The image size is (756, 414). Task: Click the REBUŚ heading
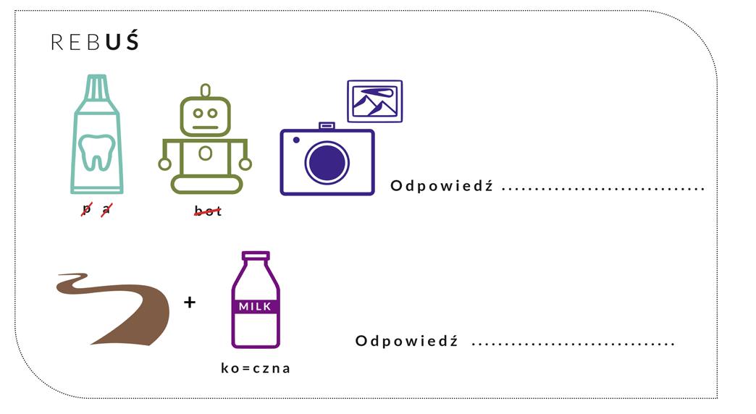pyautogui.click(x=94, y=42)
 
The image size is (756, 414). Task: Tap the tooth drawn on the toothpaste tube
pyautogui.click(x=96, y=151)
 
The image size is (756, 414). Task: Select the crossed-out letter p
pyautogui.click(x=88, y=210)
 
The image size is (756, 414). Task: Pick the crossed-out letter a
pyautogui.click(x=106, y=210)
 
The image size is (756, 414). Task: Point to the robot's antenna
pyautogui.click(x=206, y=90)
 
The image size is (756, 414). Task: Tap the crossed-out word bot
pyautogui.click(x=207, y=211)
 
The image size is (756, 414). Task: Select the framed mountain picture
pyautogui.click(x=374, y=101)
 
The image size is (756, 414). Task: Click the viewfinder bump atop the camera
pyautogui.click(x=327, y=126)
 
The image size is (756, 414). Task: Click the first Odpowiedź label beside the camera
pyautogui.click(x=441, y=186)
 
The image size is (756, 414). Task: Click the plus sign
pyautogui.click(x=190, y=303)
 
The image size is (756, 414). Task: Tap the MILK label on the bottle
pyautogui.click(x=255, y=307)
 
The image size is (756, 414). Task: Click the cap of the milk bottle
pyautogui.click(x=256, y=256)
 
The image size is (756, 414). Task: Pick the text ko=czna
pyautogui.click(x=256, y=368)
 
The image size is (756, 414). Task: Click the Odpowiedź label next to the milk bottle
pyautogui.click(x=406, y=341)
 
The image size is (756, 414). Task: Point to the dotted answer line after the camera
pyautogui.click(x=603, y=188)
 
